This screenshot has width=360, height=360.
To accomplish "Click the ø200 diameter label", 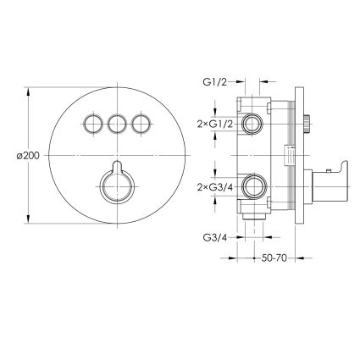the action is pos(28,156).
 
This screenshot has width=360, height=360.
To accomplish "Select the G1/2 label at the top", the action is pos(214,82).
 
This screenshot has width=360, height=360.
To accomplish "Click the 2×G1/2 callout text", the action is pos(215,124).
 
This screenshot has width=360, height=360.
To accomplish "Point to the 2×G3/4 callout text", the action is pos(215,186).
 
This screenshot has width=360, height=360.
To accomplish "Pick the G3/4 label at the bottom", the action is pos(214,238).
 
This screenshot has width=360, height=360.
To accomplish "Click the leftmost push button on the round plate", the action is pos(93,124).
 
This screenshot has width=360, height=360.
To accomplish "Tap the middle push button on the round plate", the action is pos(117,124).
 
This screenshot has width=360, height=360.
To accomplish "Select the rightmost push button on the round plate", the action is pos(141,124).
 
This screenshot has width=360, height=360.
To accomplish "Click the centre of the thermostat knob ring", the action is pos(117,186).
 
